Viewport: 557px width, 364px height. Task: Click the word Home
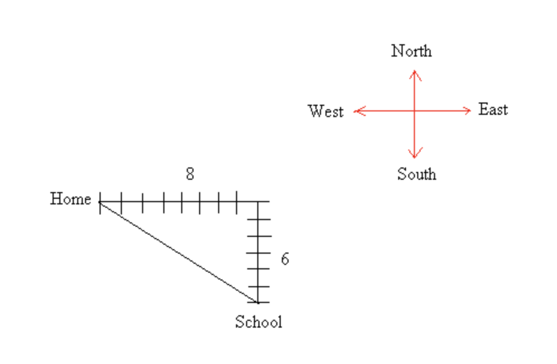tap(70, 199)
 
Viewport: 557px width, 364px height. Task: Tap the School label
tap(258, 322)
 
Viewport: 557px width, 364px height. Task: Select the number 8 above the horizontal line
tap(190, 175)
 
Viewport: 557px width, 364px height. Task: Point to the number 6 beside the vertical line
tap(285, 259)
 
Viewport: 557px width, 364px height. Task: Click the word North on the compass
tap(412, 51)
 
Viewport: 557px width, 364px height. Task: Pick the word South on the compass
tap(417, 174)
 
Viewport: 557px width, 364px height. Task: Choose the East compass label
tap(493, 110)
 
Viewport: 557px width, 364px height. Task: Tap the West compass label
tap(325, 111)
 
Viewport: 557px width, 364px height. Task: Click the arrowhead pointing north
tap(414, 72)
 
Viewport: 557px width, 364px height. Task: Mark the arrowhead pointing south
tap(414, 156)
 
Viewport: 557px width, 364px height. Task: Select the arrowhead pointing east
tap(469, 111)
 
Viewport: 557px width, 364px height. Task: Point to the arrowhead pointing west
tap(357, 111)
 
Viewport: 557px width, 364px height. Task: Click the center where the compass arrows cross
tap(414, 111)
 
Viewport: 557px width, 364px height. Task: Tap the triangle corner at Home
tap(100, 202)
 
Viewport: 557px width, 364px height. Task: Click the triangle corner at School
tap(258, 302)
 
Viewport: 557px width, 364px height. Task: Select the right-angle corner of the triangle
tap(258, 202)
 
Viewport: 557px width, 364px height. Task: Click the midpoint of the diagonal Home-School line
tap(179, 252)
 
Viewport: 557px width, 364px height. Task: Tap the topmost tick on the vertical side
tap(258, 219)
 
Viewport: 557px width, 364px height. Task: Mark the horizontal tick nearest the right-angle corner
tap(237, 202)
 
